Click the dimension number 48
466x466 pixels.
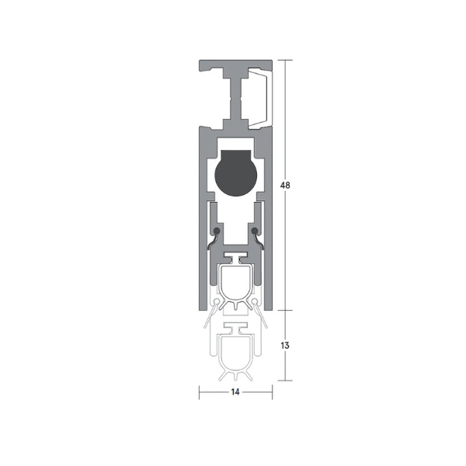[287, 186]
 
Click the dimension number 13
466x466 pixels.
[287, 346]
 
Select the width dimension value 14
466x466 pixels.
[235, 393]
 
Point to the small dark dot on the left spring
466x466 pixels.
[217, 231]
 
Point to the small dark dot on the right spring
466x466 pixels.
[254, 231]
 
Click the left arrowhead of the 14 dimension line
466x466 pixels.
[201, 393]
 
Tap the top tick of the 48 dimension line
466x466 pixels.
[287, 60]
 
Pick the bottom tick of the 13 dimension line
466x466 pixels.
[287, 381]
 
